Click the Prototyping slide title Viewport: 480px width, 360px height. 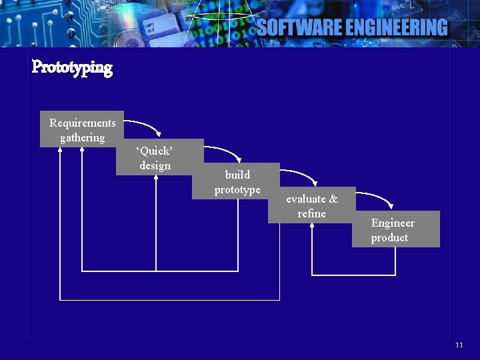tap(72, 67)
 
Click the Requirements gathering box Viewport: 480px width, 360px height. tap(82, 129)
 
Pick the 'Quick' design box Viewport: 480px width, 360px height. tap(159, 157)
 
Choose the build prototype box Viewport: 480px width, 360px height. tap(236, 181)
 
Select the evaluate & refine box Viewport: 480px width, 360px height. tap(311, 205)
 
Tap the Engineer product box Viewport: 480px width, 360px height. tap(396, 229)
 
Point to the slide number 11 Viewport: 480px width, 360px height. tap(459, 345)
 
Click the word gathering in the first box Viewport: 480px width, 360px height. tap(82, 138)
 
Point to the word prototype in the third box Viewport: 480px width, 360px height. tap(237, 190)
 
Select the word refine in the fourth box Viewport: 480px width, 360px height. tap(312, 214)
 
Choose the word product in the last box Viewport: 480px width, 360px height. tap(389, 238)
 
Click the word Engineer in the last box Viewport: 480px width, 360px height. tap(393, 223)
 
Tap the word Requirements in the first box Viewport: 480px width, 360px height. tap(82, 123)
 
